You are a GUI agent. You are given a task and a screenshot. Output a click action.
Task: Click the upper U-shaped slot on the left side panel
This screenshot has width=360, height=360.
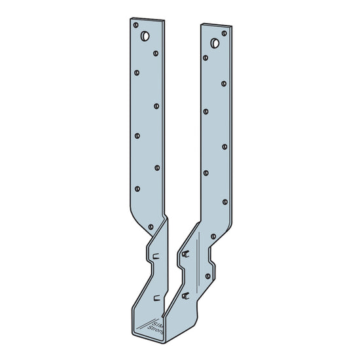[x=155, y=256]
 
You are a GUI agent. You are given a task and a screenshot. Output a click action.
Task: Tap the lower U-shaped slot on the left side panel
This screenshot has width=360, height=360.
[x=155, y=298]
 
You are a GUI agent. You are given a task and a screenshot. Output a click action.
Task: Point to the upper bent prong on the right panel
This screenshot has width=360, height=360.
[x=188, y=253]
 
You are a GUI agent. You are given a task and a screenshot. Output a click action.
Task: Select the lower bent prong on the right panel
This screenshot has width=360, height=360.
[x=188, y=295]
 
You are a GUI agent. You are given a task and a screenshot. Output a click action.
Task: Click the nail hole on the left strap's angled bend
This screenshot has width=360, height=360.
[x=151, y=226]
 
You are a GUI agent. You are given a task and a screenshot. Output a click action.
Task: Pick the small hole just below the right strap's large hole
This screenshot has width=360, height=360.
[x=205, y=58]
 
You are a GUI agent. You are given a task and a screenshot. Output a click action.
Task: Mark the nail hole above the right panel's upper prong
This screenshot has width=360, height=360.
[x=213, y=236]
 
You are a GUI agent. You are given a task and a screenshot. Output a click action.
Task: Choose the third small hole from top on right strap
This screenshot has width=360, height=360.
[x=225, y=83]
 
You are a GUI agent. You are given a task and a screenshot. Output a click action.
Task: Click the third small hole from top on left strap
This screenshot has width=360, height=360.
[x=136, y=73]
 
